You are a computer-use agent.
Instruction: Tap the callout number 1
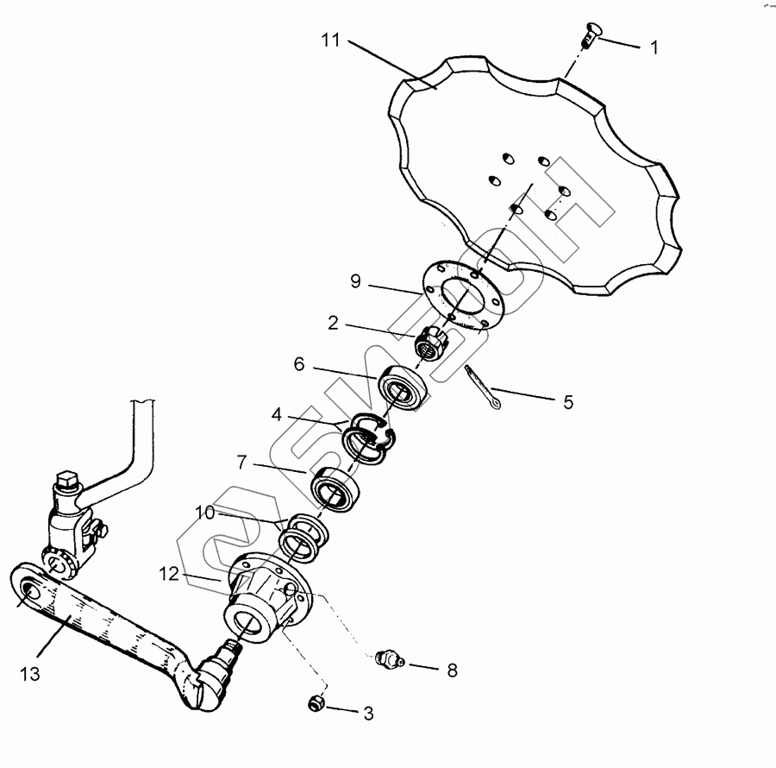654,48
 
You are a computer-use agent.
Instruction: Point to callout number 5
567,401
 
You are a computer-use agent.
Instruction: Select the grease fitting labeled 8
391,662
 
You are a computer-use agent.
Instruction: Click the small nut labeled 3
316,703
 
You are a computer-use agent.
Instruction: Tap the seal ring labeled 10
301,535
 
